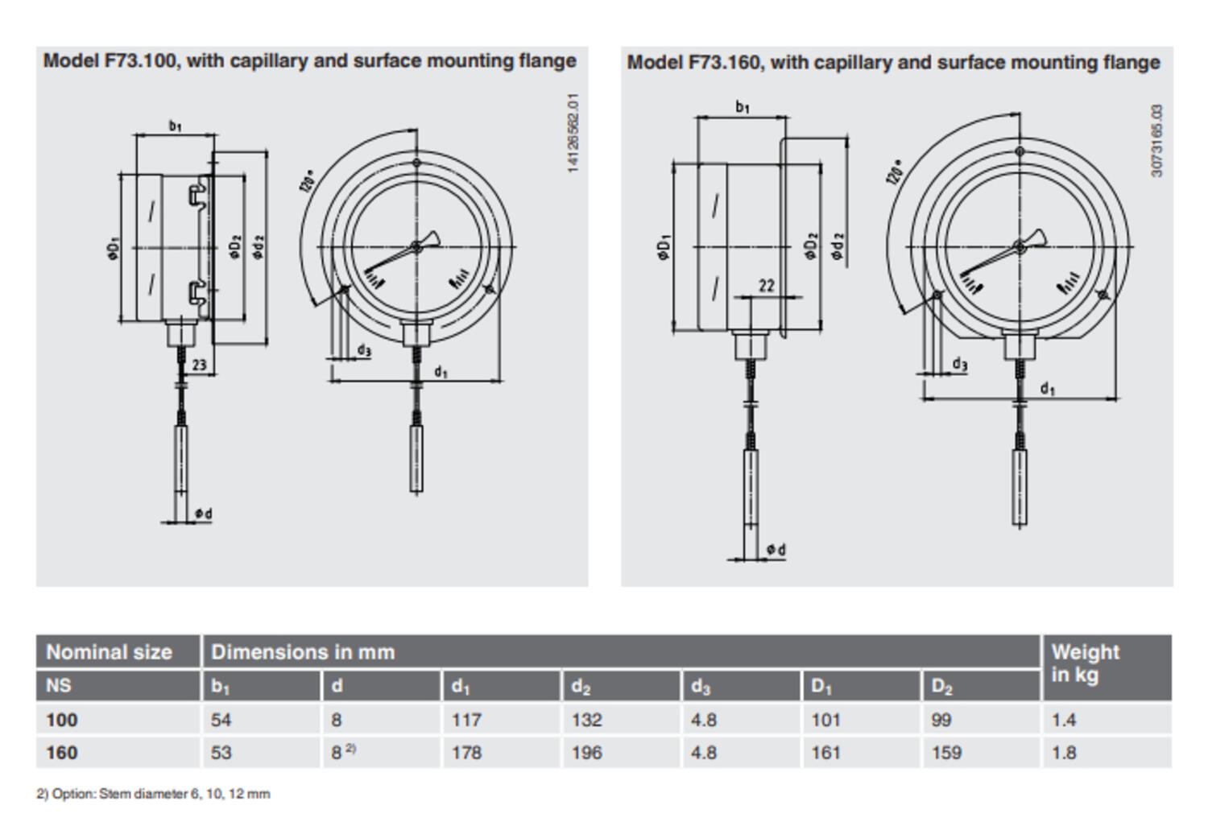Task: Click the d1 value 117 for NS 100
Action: click(466, 720)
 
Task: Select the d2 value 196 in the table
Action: click(586, 753)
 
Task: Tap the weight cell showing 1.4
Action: click(1063, 720)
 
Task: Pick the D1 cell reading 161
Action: click(825, 753)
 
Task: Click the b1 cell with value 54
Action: click(221, 720)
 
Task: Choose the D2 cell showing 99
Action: click(941, 720)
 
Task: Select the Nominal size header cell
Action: click(109, 652)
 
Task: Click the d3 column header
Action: click(700, 687)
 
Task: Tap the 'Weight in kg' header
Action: click(1084, 663)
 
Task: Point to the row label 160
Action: click(61, 753)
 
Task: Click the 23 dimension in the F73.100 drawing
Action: click(199, 365)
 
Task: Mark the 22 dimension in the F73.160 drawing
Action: click(766, 286)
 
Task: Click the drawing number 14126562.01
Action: click(573, 133)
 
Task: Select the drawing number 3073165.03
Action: click(1157, 141)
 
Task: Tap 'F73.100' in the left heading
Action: click(140, 61)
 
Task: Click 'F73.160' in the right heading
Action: click(724, 63)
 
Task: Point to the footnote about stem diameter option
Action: click(153, 794)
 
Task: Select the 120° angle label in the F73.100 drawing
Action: click(308, 181)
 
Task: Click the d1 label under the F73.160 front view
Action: click(1046, 389)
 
